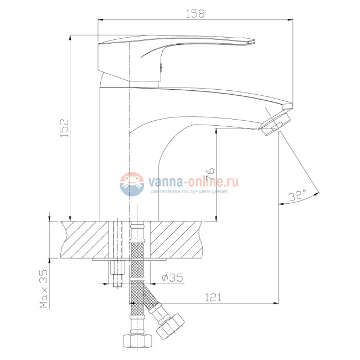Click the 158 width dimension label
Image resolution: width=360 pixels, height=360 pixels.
pos(195,14)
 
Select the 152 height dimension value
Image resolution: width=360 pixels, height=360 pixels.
pos(64,128)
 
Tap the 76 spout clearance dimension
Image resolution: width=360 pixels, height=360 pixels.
pos(210,174)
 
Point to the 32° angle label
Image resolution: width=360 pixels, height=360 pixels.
pos(297,196)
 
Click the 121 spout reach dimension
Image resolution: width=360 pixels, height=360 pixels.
pos(213,297)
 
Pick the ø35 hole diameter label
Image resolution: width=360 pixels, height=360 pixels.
pos(172,277)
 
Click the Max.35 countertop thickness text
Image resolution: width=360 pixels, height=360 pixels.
pos(44,289)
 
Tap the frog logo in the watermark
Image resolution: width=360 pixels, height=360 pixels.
pos(132,184)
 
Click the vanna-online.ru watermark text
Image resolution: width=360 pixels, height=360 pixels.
pos(193,182)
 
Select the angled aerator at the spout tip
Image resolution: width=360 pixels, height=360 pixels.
pos(275,124)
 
